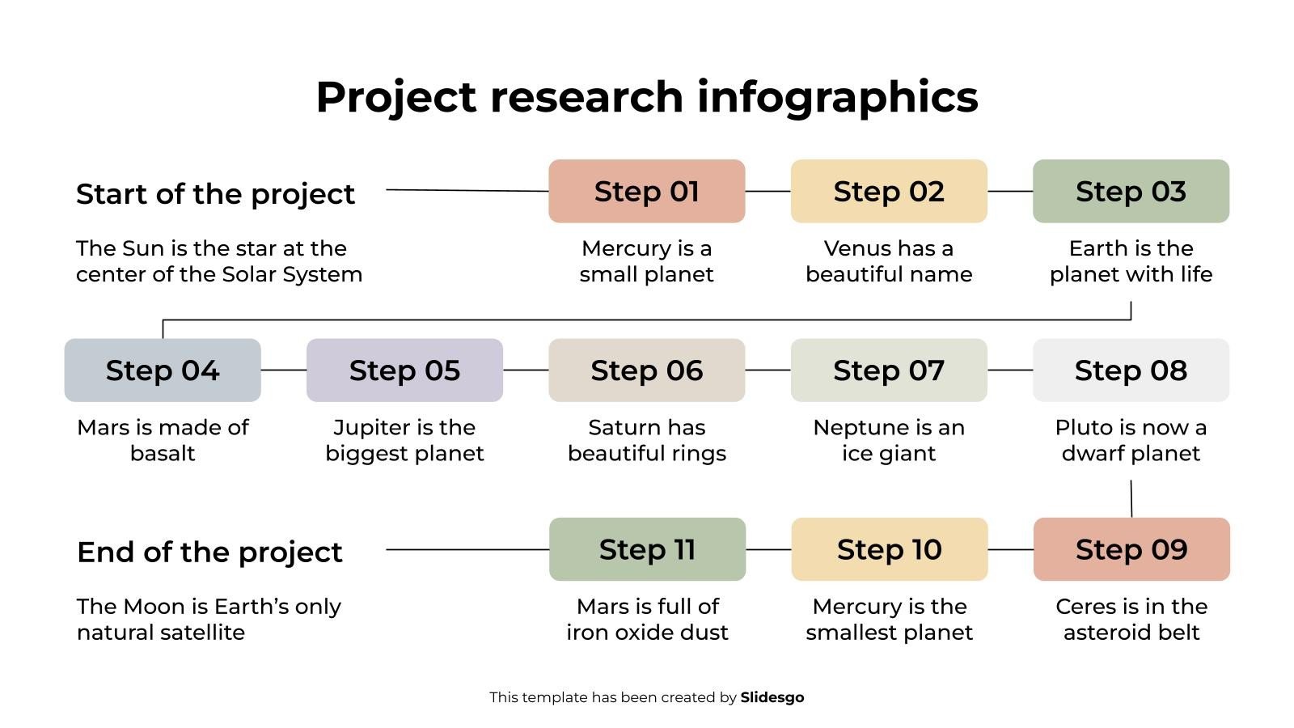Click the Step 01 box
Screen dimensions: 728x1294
click(646, 192)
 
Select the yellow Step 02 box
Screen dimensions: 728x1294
click(889, 192)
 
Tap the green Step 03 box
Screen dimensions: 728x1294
click(1131, 192)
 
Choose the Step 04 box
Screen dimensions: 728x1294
click(163, 370)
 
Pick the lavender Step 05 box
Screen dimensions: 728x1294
click(404, 370)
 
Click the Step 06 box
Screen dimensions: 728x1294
click(646, 370)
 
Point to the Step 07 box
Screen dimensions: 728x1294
click(889, 370)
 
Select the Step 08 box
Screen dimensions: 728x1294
click(1131, 370)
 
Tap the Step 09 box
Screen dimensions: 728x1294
click(1131, 549)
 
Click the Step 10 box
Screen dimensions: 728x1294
click(890, 549)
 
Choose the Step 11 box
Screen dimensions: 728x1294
click(647, 549)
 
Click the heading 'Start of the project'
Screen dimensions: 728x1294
click(215, 194)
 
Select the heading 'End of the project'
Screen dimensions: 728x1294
click(209, 552)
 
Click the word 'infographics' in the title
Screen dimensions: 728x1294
click(837, 97)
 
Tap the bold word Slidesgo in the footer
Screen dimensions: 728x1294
click(772, 697)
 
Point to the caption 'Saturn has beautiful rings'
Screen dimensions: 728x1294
click(647, 440)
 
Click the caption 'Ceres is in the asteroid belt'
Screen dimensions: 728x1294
click(1131, 619)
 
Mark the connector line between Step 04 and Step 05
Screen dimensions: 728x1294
click(284, 370)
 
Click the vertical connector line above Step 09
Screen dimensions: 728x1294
click(1131, 499)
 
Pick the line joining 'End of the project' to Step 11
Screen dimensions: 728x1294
click(467, 549)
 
